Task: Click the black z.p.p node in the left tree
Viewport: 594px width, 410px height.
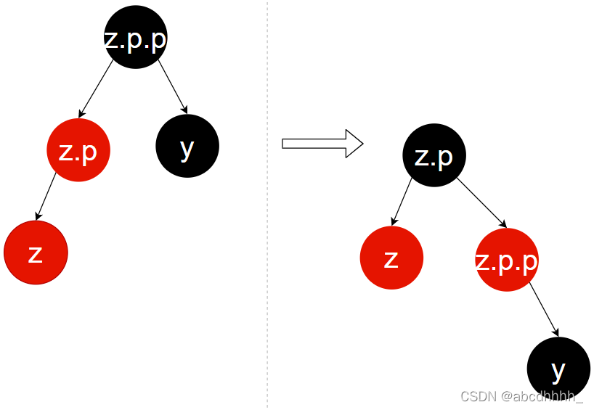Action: pos(136,37)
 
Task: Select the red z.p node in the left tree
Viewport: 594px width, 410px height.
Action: pos(78,150)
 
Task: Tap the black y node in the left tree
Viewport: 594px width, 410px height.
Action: pos(187,146)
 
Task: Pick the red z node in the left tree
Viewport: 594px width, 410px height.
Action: pos(36,253)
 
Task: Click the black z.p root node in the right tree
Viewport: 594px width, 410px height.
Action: pos(434,155)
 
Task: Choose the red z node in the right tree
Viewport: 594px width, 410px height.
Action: pos(391,258)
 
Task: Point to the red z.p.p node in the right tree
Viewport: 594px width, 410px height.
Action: pos(507,260)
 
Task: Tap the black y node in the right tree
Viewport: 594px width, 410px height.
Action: pos(558,369)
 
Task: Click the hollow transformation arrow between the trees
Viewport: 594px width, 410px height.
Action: pos(322,143)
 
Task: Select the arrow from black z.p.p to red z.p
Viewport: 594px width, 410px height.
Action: pos(97,89)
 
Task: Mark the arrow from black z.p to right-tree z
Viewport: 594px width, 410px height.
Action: pos(402,201)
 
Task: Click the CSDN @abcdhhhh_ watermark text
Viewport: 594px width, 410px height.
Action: pos(521,396)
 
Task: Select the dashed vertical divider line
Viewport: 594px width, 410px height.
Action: pos(267,218)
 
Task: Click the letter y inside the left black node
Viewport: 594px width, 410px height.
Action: pos(187,147)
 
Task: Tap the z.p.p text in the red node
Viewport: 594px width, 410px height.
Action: pos(507,261)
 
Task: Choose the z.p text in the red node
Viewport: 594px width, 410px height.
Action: pos(78,151)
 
